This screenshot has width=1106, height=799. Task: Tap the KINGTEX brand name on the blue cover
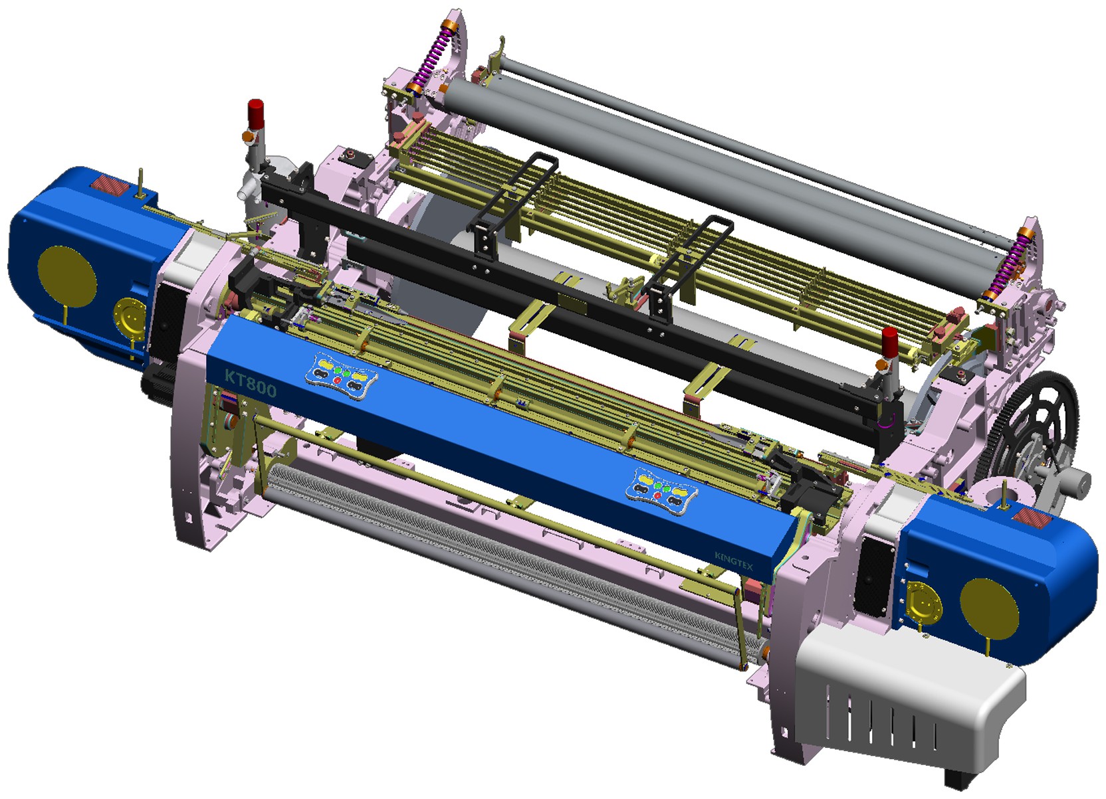point(733,561)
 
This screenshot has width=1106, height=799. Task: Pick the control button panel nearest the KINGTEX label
point(661,488)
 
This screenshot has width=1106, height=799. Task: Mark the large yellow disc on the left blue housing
point(67,278)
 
